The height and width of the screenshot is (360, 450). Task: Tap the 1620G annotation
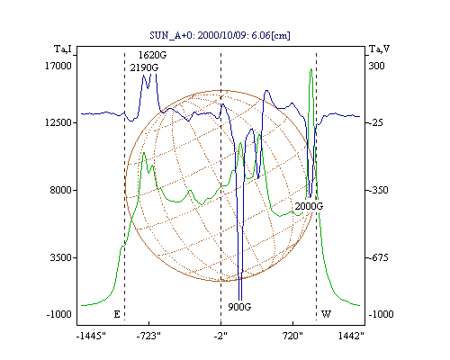tap(152, 55)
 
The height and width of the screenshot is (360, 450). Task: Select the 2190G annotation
tap(144, 68)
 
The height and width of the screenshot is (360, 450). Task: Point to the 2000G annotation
tap(309, 206)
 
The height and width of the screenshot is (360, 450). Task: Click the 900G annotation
tap(239, 307)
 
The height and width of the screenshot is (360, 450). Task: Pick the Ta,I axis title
tap(63, 49)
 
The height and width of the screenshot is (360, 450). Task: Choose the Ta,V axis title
tap(379, 49)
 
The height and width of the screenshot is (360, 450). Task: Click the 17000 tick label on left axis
tap(58, 66)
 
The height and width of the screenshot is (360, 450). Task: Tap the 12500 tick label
tap(58, 122)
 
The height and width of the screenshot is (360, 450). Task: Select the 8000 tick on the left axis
tap(61, 190)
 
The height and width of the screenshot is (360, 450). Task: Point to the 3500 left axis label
tap(61, 257)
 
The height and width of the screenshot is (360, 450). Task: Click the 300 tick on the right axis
tap(376, 66)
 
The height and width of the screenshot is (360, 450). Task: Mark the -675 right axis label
tap(378, 257)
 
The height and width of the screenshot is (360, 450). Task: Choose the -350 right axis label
tap(378, 190)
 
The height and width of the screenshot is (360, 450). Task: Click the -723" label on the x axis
tap(148, 337)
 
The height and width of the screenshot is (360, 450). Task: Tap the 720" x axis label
tap(292, 337)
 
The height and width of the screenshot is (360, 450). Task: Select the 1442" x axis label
tap(351, 337)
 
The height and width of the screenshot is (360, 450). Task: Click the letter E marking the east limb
tap(117, 314)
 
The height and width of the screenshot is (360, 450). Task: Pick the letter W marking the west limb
tap(326, 314)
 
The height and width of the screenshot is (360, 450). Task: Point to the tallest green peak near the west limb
tap(311, 69)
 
